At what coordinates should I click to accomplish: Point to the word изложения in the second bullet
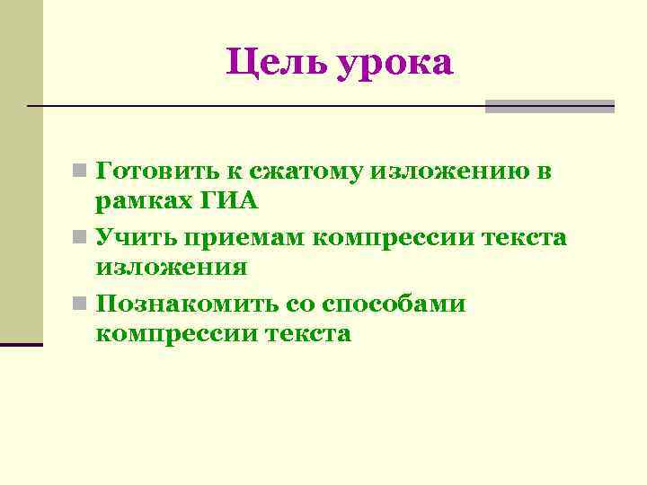pos(171,268)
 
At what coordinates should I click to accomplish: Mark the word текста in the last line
pos(308,334)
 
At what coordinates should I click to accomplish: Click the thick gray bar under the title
pos(549,106)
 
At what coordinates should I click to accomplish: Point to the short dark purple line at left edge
pos(22,344)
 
